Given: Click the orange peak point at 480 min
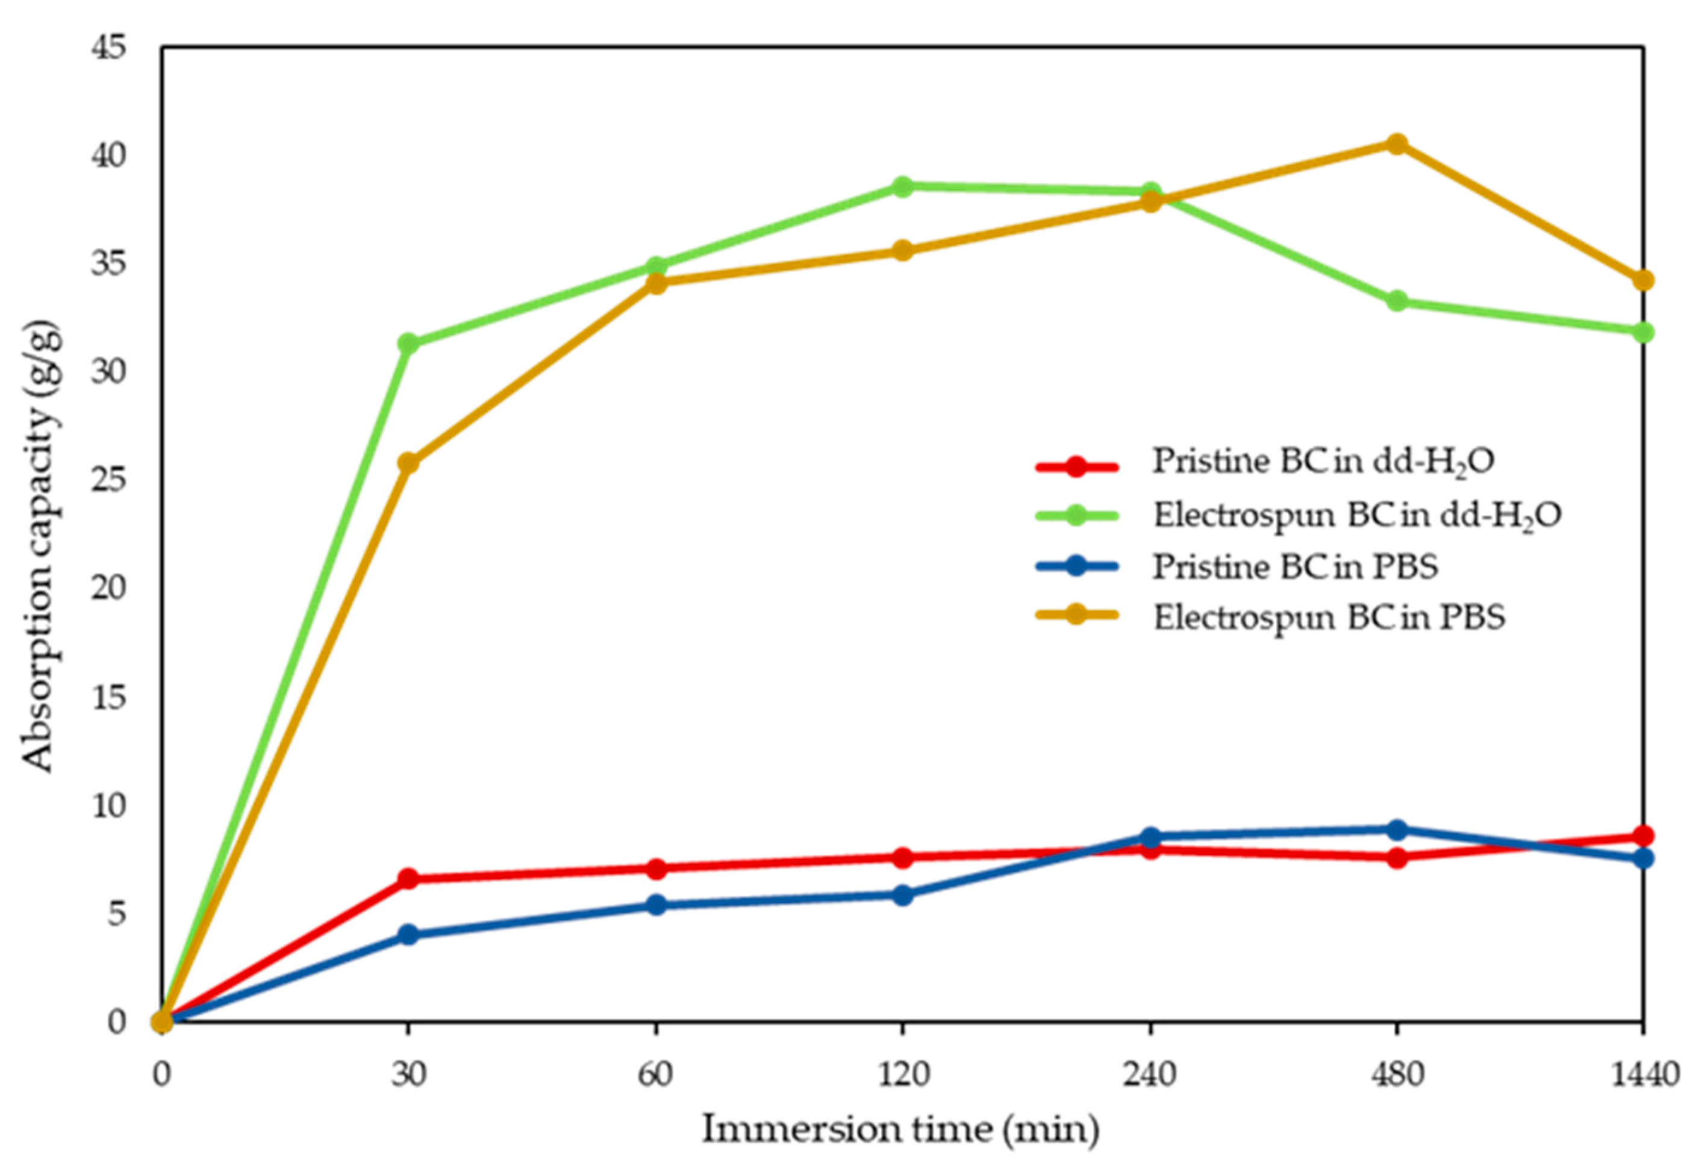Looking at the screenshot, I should [1397, 143].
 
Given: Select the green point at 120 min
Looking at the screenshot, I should [903, 187].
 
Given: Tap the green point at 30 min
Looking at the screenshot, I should [408, 344].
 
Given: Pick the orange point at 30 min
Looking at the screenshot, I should [408, 463].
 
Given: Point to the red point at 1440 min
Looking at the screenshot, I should [1643, 835].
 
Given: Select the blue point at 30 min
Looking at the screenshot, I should [408, 935].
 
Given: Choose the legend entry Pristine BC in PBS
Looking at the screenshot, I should [1295, 567].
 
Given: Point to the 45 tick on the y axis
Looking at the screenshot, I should [109, 48].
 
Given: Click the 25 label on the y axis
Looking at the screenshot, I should [109, 480].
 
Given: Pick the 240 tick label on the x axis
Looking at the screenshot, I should [1149, 1076].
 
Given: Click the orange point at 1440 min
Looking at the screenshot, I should [1643, 280].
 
